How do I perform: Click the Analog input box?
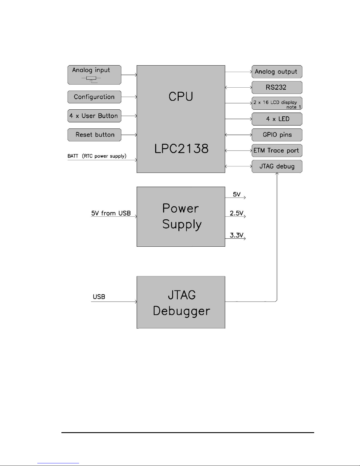94,75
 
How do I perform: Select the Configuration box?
94,97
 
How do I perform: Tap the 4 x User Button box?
94,116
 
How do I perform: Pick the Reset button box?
94,135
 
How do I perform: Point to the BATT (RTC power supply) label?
97,156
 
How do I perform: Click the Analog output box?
277,72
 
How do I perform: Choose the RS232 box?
277,87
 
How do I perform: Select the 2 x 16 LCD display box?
277,103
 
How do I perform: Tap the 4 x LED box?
277,119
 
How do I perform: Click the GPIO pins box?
277,135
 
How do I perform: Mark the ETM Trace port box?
277,151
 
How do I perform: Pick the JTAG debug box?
277,166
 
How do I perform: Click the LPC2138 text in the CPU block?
181,148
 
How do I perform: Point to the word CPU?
181,96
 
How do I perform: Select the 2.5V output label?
237,213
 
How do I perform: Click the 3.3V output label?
237,235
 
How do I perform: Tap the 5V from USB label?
111,213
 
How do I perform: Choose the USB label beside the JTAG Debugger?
99,297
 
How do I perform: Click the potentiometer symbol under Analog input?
91,79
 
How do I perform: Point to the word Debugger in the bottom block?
181,311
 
